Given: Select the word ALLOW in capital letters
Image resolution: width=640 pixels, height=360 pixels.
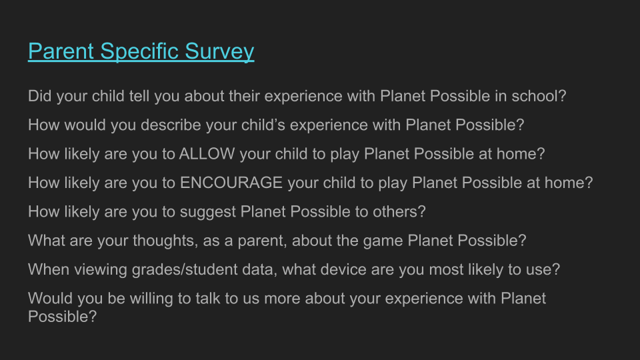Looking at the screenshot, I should pyautogui.click(x=207, y=153).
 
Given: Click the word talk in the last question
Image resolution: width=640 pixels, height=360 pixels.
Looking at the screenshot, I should pyautogui.click(x=221, y=298).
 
